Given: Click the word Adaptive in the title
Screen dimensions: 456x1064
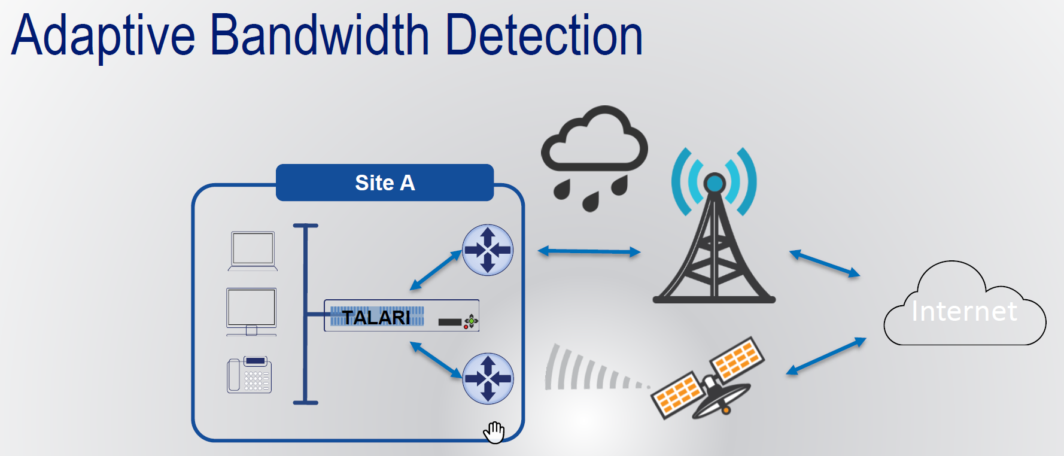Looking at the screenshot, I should pos(103,36).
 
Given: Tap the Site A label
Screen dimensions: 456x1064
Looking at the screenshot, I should pos(385,183).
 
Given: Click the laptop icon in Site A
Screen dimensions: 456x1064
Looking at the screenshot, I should pos(253,251).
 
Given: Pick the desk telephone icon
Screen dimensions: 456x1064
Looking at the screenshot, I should pos(250,375).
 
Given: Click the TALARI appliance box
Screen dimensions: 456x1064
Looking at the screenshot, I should pos(401,316).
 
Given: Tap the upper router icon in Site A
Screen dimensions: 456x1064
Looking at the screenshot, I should pos(488,250).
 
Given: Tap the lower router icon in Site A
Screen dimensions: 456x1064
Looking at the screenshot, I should pos(488,378).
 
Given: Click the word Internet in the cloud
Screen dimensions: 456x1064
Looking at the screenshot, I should pos(964,311).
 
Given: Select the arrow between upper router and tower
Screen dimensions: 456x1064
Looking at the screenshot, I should pos(589,251).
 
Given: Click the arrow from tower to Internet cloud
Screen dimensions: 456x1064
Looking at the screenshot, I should pos(825,263).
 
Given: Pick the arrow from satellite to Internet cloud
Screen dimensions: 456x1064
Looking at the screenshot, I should pos(826,357).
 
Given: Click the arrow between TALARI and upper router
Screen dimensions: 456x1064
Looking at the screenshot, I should pos(436,270).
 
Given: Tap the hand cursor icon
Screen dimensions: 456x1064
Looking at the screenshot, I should pos(494,432).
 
